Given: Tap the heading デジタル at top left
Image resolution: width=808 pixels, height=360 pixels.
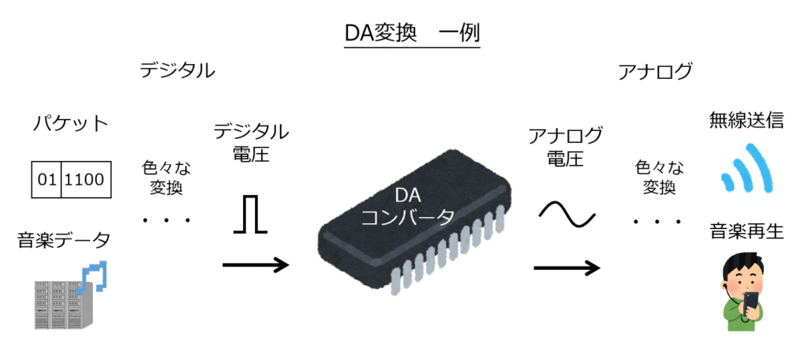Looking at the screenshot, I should (177, 71).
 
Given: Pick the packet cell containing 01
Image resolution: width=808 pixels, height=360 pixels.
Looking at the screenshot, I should (47, 179).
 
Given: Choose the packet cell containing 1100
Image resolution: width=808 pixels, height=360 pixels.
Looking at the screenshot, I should (84, 179).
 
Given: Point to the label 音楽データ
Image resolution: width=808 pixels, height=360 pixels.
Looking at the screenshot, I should (64, 240).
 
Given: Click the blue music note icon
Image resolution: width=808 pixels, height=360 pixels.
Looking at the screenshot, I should (95, 276).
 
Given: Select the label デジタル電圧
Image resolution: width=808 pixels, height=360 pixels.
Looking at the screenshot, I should (251, 142).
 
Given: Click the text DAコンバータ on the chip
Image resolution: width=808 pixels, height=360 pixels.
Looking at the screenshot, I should (407, 206).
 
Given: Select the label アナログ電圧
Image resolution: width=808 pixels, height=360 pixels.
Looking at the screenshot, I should (565, 146).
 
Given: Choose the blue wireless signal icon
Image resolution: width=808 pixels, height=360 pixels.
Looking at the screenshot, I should (745, 168).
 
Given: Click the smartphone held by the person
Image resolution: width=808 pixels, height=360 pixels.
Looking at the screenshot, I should (750, 304).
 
